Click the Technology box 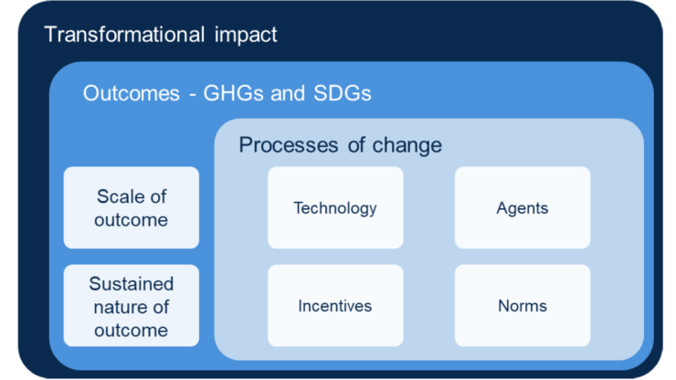pyautogui.click(x=335, y=207)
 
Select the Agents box pyautogui.click(x=523, y=207)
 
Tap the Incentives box pyautogui.click(x=335, y=305)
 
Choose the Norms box pyautogui.click(x=523, y=305)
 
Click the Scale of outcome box pyautogui.click(x=132, y=207)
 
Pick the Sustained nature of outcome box pyautogui.click(x=132, y=305)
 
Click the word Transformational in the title pyautogui.click(x=124, y=35)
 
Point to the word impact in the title pyautogui.click(x=246, y=36)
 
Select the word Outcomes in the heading pyautogui.click(x=132, y=93)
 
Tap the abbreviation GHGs pyautogui.click(x=233, y=93)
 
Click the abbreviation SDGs pyautogui.click(x=343, y=93)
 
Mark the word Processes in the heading pyautogui.click(x=289, y=145)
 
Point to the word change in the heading pyautogui.click(x=407, y=146)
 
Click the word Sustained pyautogui.click(x=132, y=284)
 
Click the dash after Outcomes pyautogui.click(x=192, y=95)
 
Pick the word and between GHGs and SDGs pyautogui.click(x=288, y=93)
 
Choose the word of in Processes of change pyautogui.click(x=356, y=145)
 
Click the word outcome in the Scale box pyautogui.click(x=131, y=220)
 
